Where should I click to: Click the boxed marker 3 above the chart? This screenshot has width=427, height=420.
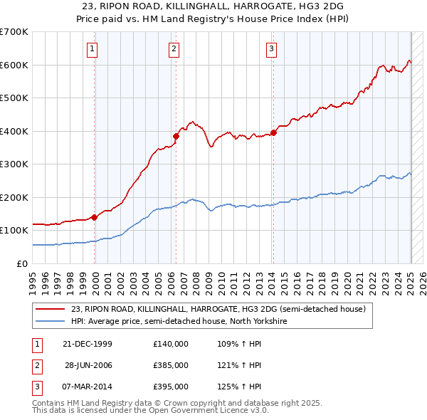271,49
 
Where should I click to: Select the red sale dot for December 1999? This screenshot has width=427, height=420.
94,217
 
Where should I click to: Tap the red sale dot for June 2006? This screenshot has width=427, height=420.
176,136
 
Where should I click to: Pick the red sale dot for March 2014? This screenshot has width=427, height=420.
273,132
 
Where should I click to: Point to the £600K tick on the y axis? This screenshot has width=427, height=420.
14,65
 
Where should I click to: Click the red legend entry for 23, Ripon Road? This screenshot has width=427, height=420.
218,309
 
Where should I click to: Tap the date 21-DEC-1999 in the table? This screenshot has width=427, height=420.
88,343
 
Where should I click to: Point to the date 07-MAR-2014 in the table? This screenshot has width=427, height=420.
88,387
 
